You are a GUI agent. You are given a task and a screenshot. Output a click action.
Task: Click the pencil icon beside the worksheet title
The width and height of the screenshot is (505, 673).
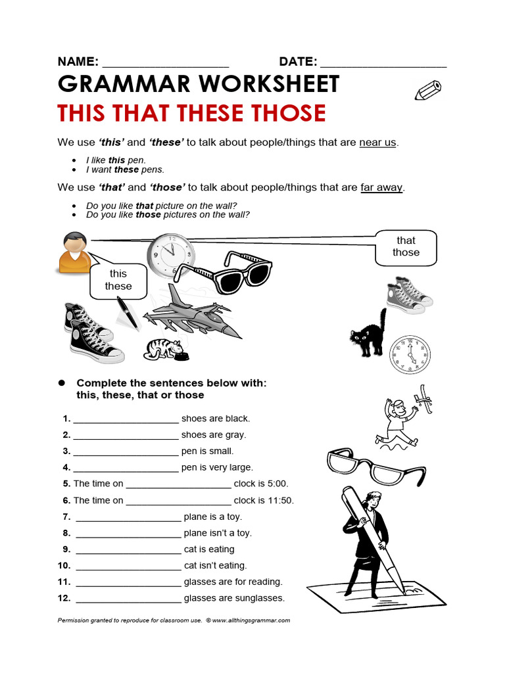pos(428,90)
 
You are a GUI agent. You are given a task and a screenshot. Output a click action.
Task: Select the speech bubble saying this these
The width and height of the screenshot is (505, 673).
pos(118,281)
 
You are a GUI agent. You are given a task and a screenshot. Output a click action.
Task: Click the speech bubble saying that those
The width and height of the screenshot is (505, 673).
pos(406,246)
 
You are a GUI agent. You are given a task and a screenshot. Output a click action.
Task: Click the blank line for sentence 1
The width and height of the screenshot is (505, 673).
pos(126,419)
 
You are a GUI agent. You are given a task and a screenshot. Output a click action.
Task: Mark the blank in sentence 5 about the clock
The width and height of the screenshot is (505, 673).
pos(178,484)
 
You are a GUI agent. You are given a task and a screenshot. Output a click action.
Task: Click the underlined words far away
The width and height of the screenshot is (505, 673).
pos(381,187)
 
